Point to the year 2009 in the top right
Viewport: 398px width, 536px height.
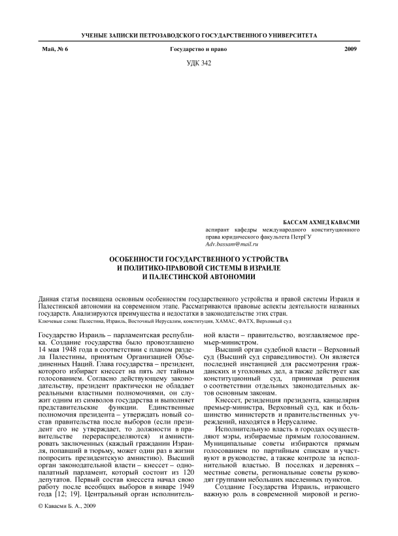coord(352,50)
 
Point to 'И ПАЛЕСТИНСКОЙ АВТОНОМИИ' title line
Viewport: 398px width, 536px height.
coord(199,276)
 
